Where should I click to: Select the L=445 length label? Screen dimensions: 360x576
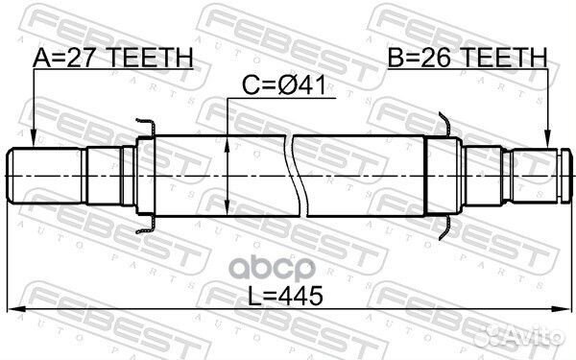(289, 298)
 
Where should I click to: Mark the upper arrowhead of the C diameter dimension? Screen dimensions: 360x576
(228, 140)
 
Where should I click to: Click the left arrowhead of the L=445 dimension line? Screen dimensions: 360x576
(12, 309)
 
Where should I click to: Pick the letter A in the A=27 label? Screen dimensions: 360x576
(41, 59)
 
